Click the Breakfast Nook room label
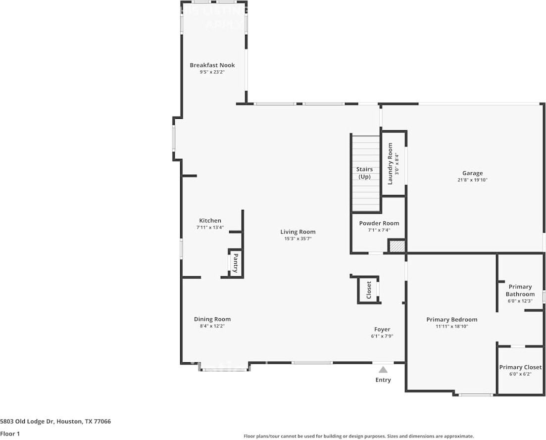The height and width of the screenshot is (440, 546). coord(212,65)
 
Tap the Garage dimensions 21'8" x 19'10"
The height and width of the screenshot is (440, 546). coord(472,180)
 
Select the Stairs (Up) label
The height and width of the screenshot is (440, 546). coord(364,173)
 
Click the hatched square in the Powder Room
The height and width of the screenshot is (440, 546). coord(396,246)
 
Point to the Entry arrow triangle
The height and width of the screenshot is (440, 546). coord(383,369)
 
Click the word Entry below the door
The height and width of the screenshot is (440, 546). coord(383,380)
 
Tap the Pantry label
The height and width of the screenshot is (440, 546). coord(236,263)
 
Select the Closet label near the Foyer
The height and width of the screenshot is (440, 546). coord(369,290)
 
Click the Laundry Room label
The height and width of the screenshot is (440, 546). coord(390,164)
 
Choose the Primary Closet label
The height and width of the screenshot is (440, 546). coord(520,367)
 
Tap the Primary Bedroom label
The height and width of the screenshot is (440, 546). coord(451,319)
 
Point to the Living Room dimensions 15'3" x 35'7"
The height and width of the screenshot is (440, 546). coord(298,239)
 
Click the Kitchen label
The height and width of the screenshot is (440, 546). coord(210,221)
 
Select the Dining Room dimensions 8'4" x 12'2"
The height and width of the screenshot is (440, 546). coord(212,326)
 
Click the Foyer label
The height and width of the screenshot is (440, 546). coord(382,329)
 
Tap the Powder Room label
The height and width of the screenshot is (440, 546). coord(379,223)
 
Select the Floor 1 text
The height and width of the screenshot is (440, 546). coord(10,434)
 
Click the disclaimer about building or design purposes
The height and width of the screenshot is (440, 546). coord(358,436)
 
